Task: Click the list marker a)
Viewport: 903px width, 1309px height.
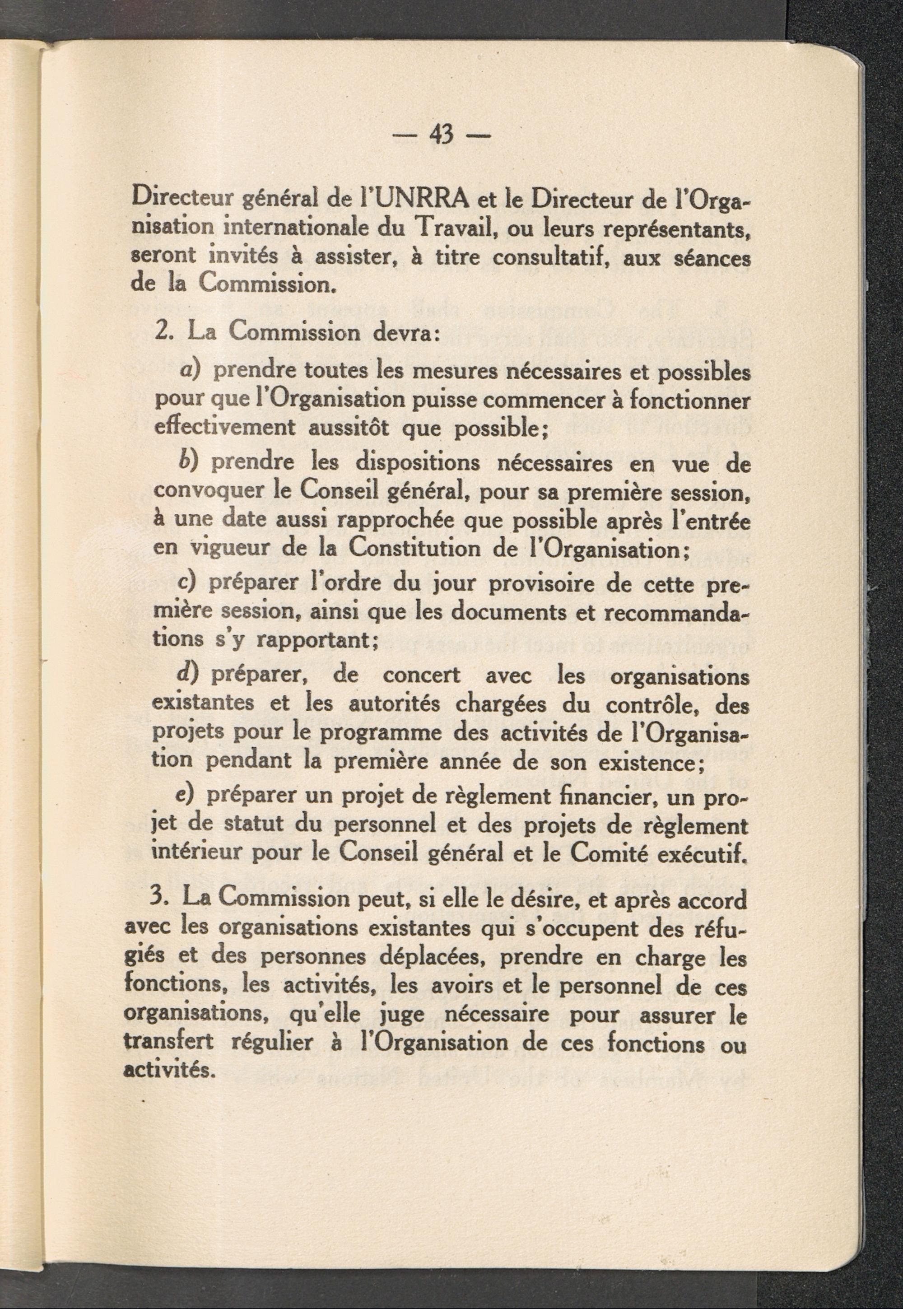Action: coord(192,373)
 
